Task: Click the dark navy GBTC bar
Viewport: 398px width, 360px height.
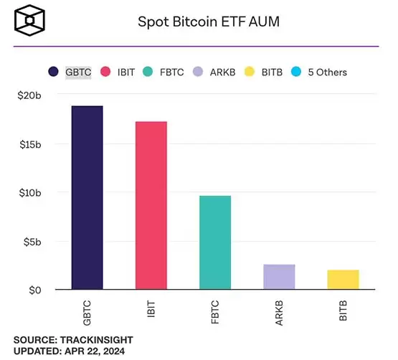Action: (x=87, y=198)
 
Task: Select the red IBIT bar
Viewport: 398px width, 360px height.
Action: (x=151, y=206)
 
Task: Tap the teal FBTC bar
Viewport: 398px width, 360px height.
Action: (x=215, y=242)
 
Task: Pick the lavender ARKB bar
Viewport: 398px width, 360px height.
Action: (x=279, y=277)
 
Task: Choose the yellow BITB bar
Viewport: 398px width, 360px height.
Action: (x=343, y=280)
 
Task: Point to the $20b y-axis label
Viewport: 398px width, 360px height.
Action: (x=29, y=95)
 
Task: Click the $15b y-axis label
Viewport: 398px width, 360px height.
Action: (x=29, y=144)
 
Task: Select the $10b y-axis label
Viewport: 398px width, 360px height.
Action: (x=29, y=193)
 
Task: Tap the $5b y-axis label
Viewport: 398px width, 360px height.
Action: (x=32, y=242)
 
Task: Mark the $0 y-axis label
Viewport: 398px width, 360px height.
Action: (x=36, y=290)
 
